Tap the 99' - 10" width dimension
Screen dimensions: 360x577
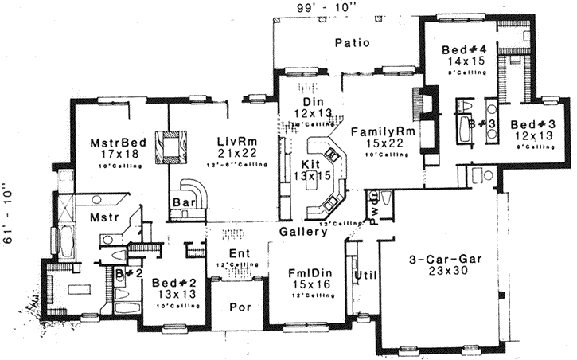[306, 7]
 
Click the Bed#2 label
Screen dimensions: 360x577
[173, 283]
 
